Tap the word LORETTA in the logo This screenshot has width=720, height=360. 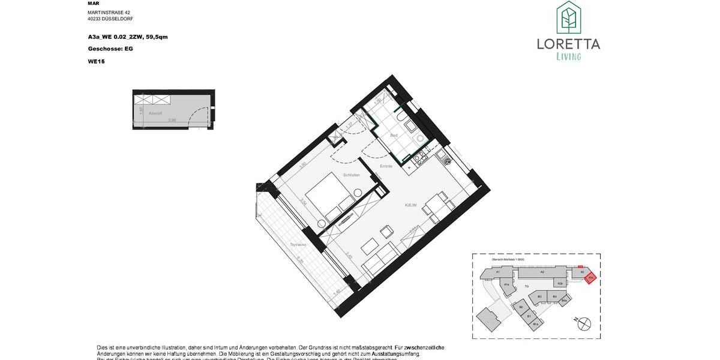pos(568,44)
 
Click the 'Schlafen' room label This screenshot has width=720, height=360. pos(351,175)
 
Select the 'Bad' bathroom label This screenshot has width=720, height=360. pos(394,135)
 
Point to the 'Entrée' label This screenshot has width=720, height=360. pos(386,166)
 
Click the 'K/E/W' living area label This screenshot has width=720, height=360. pos(411,205)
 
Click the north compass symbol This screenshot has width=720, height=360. pos(583,323)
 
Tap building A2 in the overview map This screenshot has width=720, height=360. pos(541,272)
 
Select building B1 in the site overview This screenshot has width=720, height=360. pos(529,316)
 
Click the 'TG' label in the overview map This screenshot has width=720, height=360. pos(526,287)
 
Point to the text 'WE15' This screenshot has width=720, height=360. pos(96,61)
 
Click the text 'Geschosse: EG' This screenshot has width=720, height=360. pos(110,49)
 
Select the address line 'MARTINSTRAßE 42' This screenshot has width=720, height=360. pos(109,12)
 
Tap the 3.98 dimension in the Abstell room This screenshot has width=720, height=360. pos(172,120)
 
